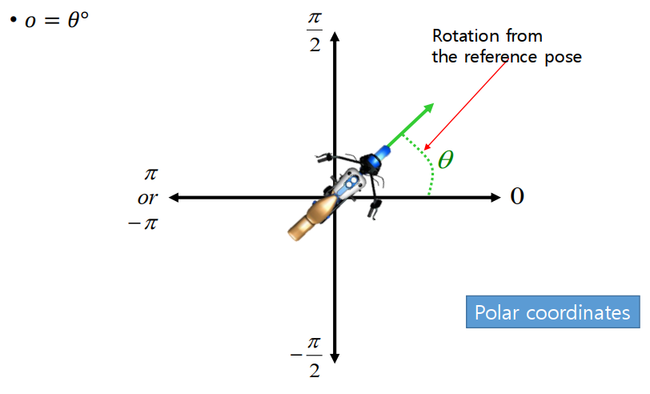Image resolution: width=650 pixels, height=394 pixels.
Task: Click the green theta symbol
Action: [446, 159]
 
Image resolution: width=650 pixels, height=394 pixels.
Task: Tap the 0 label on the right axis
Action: [517, 197]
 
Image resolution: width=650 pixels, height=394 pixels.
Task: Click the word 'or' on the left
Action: [147, 197]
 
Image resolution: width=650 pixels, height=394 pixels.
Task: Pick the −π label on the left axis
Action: [143, 221]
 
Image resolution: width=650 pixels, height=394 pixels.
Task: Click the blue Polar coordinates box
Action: [552, 312]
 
